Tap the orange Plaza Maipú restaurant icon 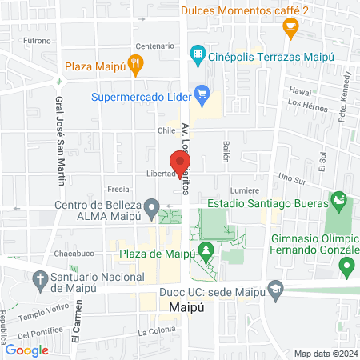pos(137,66)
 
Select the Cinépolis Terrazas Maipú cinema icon pos(197,54)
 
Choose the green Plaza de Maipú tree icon pos(207,252)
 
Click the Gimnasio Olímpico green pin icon pos(346,264)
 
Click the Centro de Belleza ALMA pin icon pos(150,210)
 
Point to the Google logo pos(27,349)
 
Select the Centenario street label pos(155,46)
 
